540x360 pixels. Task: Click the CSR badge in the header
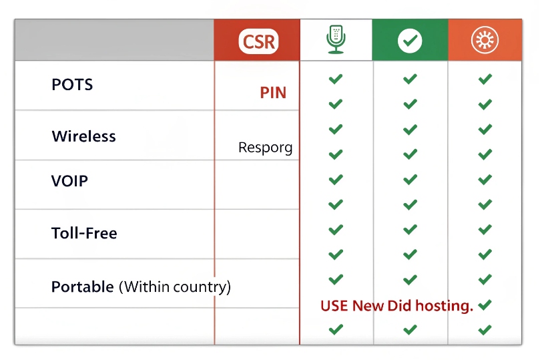258,41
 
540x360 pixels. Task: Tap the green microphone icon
336,40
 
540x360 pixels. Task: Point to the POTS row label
72,85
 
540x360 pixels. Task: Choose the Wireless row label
83,136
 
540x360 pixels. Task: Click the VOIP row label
69,181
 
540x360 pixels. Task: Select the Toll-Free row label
84,233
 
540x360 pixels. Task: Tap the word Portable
82,287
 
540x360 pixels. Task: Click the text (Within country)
175,287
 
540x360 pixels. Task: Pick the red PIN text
273,93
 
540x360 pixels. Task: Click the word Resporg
265,148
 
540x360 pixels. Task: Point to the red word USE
334,306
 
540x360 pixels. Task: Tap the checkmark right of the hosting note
485,305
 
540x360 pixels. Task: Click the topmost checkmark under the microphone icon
336,79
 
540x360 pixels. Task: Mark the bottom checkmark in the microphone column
336,329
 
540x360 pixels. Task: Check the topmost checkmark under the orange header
485,79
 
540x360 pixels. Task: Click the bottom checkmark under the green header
410,329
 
